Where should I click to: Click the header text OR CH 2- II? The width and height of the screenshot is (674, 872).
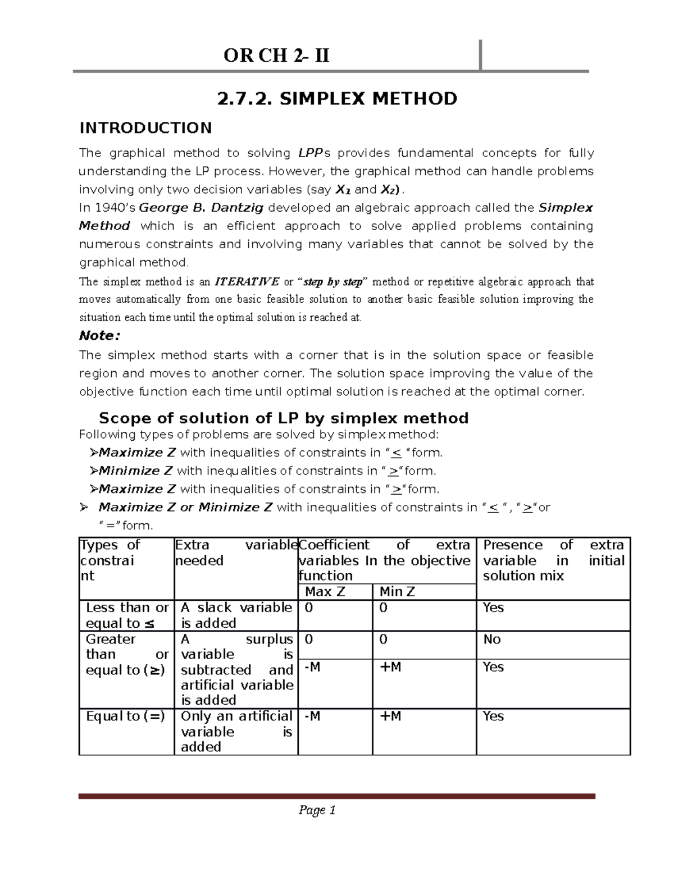click(x=276, y=56)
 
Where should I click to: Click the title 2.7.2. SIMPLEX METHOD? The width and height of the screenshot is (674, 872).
click(x=337, y=99)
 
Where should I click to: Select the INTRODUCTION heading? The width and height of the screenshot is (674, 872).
click(x=145, y=128)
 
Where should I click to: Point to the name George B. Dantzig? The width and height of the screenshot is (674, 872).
click(x=201, y=208)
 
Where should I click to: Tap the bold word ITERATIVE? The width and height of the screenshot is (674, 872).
click(x=247, y=281)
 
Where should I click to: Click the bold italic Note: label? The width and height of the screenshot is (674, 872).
click(x=99, y=336)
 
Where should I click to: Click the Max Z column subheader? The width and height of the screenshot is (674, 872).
click(x=325, y=592)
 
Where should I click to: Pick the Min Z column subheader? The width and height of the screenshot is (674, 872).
click(x=397, y=592)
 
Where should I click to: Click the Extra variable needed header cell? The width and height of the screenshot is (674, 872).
click(x=235, y=553)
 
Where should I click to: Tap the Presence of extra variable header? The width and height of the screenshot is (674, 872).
click(x=553, y=560)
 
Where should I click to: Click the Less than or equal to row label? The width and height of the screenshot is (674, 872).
click(x=127, y=615)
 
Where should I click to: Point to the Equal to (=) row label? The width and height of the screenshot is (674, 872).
click(x=125, y=716)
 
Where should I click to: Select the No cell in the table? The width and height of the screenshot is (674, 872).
click(x=492, y=640)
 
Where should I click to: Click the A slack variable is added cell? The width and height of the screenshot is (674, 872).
click(x=236, y=615)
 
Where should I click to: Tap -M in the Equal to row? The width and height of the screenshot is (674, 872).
click(x=312, y=716)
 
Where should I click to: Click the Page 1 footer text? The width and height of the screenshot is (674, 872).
click(x=317, y=810)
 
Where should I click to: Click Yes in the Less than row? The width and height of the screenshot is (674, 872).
click(x=493, y=608)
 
